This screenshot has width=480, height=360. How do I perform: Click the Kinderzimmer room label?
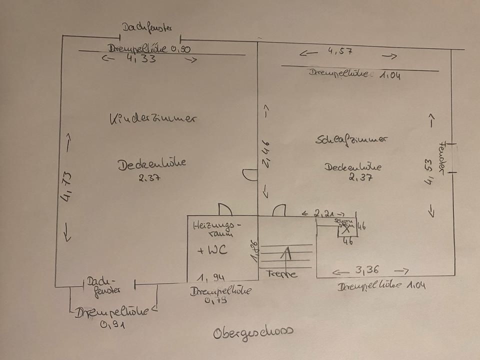(x=153, y=119)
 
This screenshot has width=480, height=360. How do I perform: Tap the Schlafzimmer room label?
(x=352, y=140)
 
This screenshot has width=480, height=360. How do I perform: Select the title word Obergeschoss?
(x=252, y=332)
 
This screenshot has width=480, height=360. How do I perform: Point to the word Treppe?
(x=281, y=274)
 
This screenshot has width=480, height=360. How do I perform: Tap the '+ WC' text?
(x=212, y=250)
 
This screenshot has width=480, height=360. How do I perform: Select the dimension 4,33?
(x=142, y=59)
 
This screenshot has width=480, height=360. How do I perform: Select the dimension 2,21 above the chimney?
(x=324, y=213)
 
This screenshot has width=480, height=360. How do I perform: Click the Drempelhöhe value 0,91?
(x=112, y=324)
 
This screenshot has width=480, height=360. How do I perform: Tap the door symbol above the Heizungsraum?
(x=224, y=210)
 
